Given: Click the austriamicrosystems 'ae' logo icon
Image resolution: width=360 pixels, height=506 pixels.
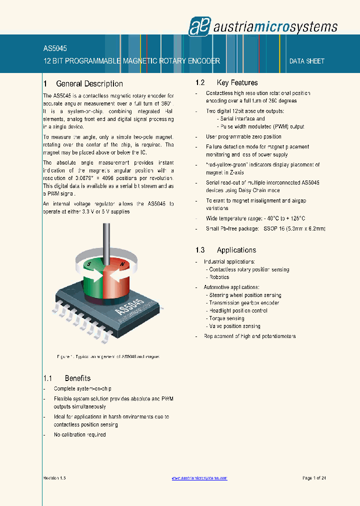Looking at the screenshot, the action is pyautogui.click(x=196, y=26).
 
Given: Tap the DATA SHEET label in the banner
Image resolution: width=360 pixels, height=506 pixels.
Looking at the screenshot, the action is pyautogui.click(x=307, y=61).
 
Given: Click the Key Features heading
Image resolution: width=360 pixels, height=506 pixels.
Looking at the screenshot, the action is pyautogui.click(x=237, y=82).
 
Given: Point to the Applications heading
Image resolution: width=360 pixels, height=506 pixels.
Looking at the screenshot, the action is pyautogui.click(x=236, y=250).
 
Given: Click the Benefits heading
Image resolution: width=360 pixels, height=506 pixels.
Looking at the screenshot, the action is pyautogui.click(x=77, y=378).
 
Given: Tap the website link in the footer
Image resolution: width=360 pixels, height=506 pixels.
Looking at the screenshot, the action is pyautogui.click(x=199, y=478).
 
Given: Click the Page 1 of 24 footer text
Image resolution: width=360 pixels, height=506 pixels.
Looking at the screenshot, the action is pyautogui.click(x=314, y=478).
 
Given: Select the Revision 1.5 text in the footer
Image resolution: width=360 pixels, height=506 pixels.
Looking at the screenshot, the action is pyautogui.click(x=54, y=478).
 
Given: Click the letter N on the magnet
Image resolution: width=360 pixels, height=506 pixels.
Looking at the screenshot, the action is pyautogui.click(x=122, y=263).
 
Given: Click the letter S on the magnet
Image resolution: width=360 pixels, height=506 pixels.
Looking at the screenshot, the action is pyautogui.click(x=89, y=263).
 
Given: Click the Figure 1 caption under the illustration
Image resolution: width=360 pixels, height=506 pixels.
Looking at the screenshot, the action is pyautogui.click(x=108, y=356).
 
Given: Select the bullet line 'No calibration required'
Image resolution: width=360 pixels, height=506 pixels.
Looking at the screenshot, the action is pyautogui.click(x=80, y=434).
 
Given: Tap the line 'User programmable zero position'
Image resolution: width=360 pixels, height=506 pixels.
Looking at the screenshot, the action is pyautogui.click(x=243, y=136).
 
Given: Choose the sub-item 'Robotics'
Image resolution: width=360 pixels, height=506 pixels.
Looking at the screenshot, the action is pyautogui.click(x=219, y=277).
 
